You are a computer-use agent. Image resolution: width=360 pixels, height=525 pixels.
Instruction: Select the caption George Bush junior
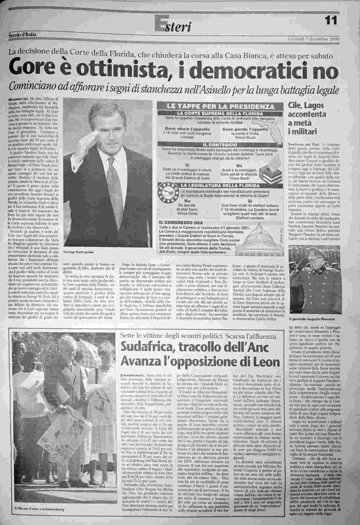click(x=78, y=252)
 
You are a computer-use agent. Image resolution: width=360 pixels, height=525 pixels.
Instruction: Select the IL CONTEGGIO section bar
click(x=221, y=145)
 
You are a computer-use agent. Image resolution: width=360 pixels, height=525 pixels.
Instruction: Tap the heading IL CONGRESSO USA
click(x=181, y=223)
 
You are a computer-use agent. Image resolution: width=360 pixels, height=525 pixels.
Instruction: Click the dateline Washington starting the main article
click(x=18, y=99)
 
